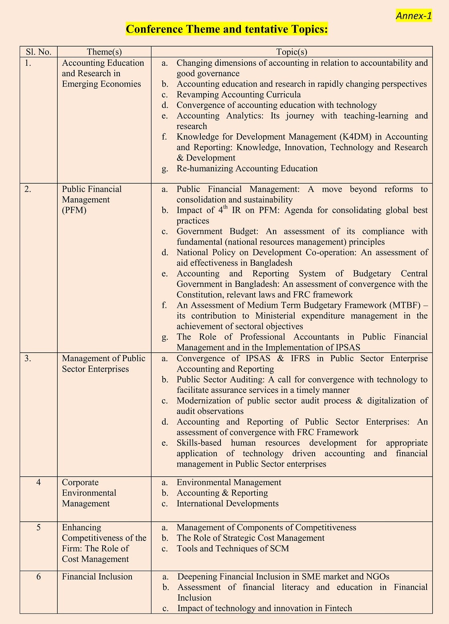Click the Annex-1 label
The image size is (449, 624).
414,16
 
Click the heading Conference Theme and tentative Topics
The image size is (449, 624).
227,29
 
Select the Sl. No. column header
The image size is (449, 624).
38,52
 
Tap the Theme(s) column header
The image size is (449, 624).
104,52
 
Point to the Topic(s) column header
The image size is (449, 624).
291,52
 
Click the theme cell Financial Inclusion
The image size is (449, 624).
97,577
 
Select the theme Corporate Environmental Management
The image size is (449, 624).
89,493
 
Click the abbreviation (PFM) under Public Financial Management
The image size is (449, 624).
74,210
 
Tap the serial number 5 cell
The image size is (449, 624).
38,527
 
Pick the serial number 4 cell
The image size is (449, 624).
38,482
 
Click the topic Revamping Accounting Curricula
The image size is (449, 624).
239,95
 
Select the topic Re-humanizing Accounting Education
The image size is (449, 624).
247,169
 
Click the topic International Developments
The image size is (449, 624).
227,504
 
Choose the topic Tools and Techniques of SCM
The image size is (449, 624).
233,549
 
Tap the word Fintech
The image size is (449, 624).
338,608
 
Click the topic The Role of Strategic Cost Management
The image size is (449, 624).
251,538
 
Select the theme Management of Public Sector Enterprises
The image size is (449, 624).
103,364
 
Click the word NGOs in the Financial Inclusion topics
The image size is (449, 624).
378,577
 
